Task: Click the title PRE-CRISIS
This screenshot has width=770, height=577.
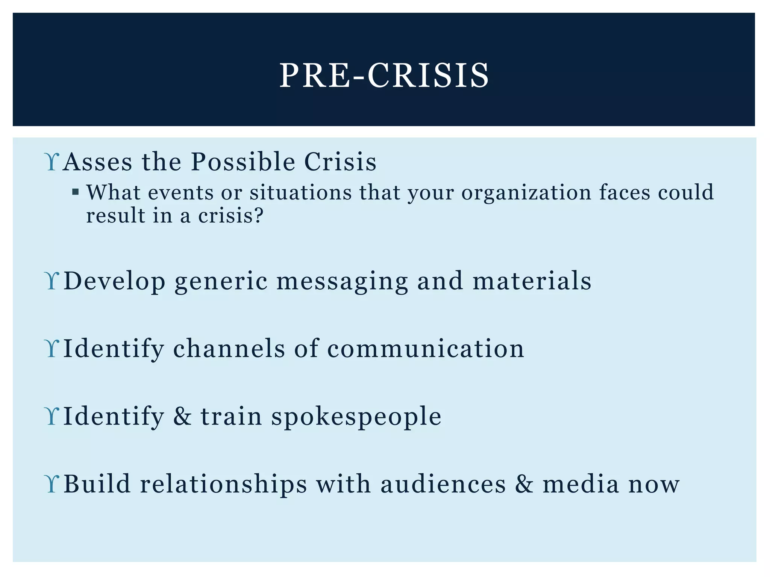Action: coord(384,76)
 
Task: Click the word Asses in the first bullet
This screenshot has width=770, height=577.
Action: coord(97,162)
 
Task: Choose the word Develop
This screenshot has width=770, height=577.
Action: coord(114,281)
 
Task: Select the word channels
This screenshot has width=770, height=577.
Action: coord(229,349)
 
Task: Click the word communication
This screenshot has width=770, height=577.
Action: coord(425,349)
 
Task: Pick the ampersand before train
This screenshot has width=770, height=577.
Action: coord(182,416)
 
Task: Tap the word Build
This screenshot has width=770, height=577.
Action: coord(97,484)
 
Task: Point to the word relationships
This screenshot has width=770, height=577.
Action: coord(223,484)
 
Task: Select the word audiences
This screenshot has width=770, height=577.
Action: coord(443,484)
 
